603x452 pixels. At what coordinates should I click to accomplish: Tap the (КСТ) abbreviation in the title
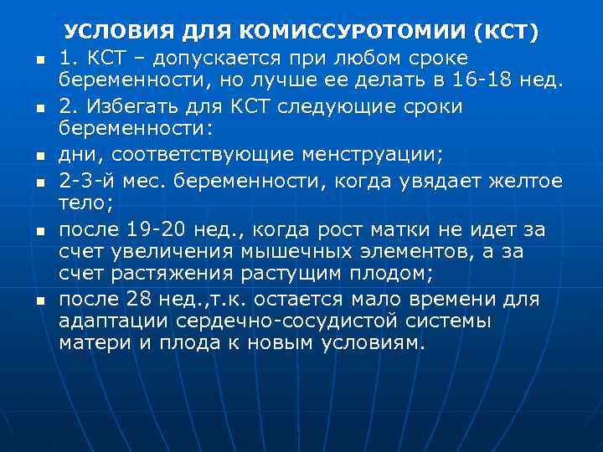pos(507,33)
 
